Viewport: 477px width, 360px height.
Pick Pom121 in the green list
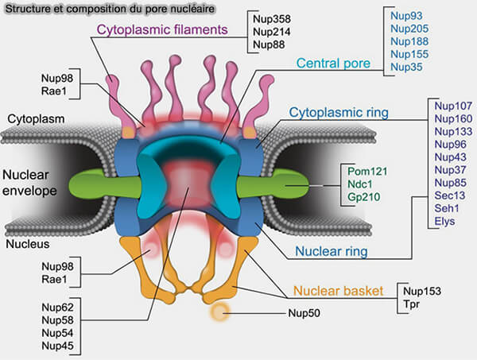365,171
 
